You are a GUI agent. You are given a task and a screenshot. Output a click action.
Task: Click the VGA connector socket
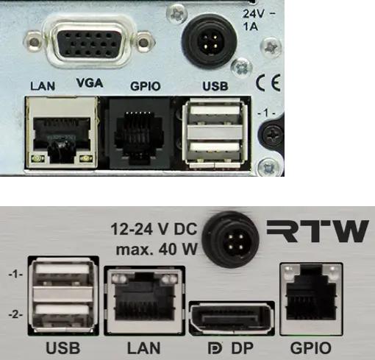pyautogui.click(x=91, y=43)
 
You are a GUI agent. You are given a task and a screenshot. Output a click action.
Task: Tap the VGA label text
pyautogui.click(x=90, y=83)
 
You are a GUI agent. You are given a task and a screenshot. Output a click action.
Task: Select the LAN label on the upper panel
pyautogui.click(x=43, y=86)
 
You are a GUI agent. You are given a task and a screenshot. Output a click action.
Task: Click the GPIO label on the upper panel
pyautogui.click(x=146, y=86)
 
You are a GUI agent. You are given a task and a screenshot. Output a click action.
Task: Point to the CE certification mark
pyautogui.click(x=268, y=84)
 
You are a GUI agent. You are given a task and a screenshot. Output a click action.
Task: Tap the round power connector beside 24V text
pyautogui.click(x=209, y=41)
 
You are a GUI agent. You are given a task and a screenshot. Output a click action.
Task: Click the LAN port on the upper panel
pyautogui.click(x=62, y=132)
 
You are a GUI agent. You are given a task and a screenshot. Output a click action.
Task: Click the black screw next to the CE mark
pyautogui.click(x=273, y=134)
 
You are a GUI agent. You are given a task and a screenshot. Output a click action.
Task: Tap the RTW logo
pyautogui.click(x=318, y=230)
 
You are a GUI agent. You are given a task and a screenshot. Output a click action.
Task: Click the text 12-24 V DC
pyautogui.click(x=154, y=229)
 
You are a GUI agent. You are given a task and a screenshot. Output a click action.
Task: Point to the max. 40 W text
pyautogui.click(x=157, y=250)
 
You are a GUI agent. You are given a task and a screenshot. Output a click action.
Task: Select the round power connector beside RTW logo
pyautogui.click(x=230, y=240)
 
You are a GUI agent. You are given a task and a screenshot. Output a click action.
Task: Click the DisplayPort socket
pyautogui.click(x=232, y=319)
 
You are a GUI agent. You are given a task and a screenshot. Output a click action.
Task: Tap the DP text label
pyautogui.click(x=243, y=347)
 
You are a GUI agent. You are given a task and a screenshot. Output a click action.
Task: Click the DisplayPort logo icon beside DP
pyautogui.click(x=215, y=348)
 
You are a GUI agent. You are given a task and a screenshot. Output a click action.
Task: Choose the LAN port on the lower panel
pyautogui.click(x=144, y=301)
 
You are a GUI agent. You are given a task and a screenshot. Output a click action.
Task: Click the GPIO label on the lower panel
pyautogui.click(x=310, y=348)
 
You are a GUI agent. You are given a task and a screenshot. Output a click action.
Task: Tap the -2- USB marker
pyautogui.click(x=15, y=314)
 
